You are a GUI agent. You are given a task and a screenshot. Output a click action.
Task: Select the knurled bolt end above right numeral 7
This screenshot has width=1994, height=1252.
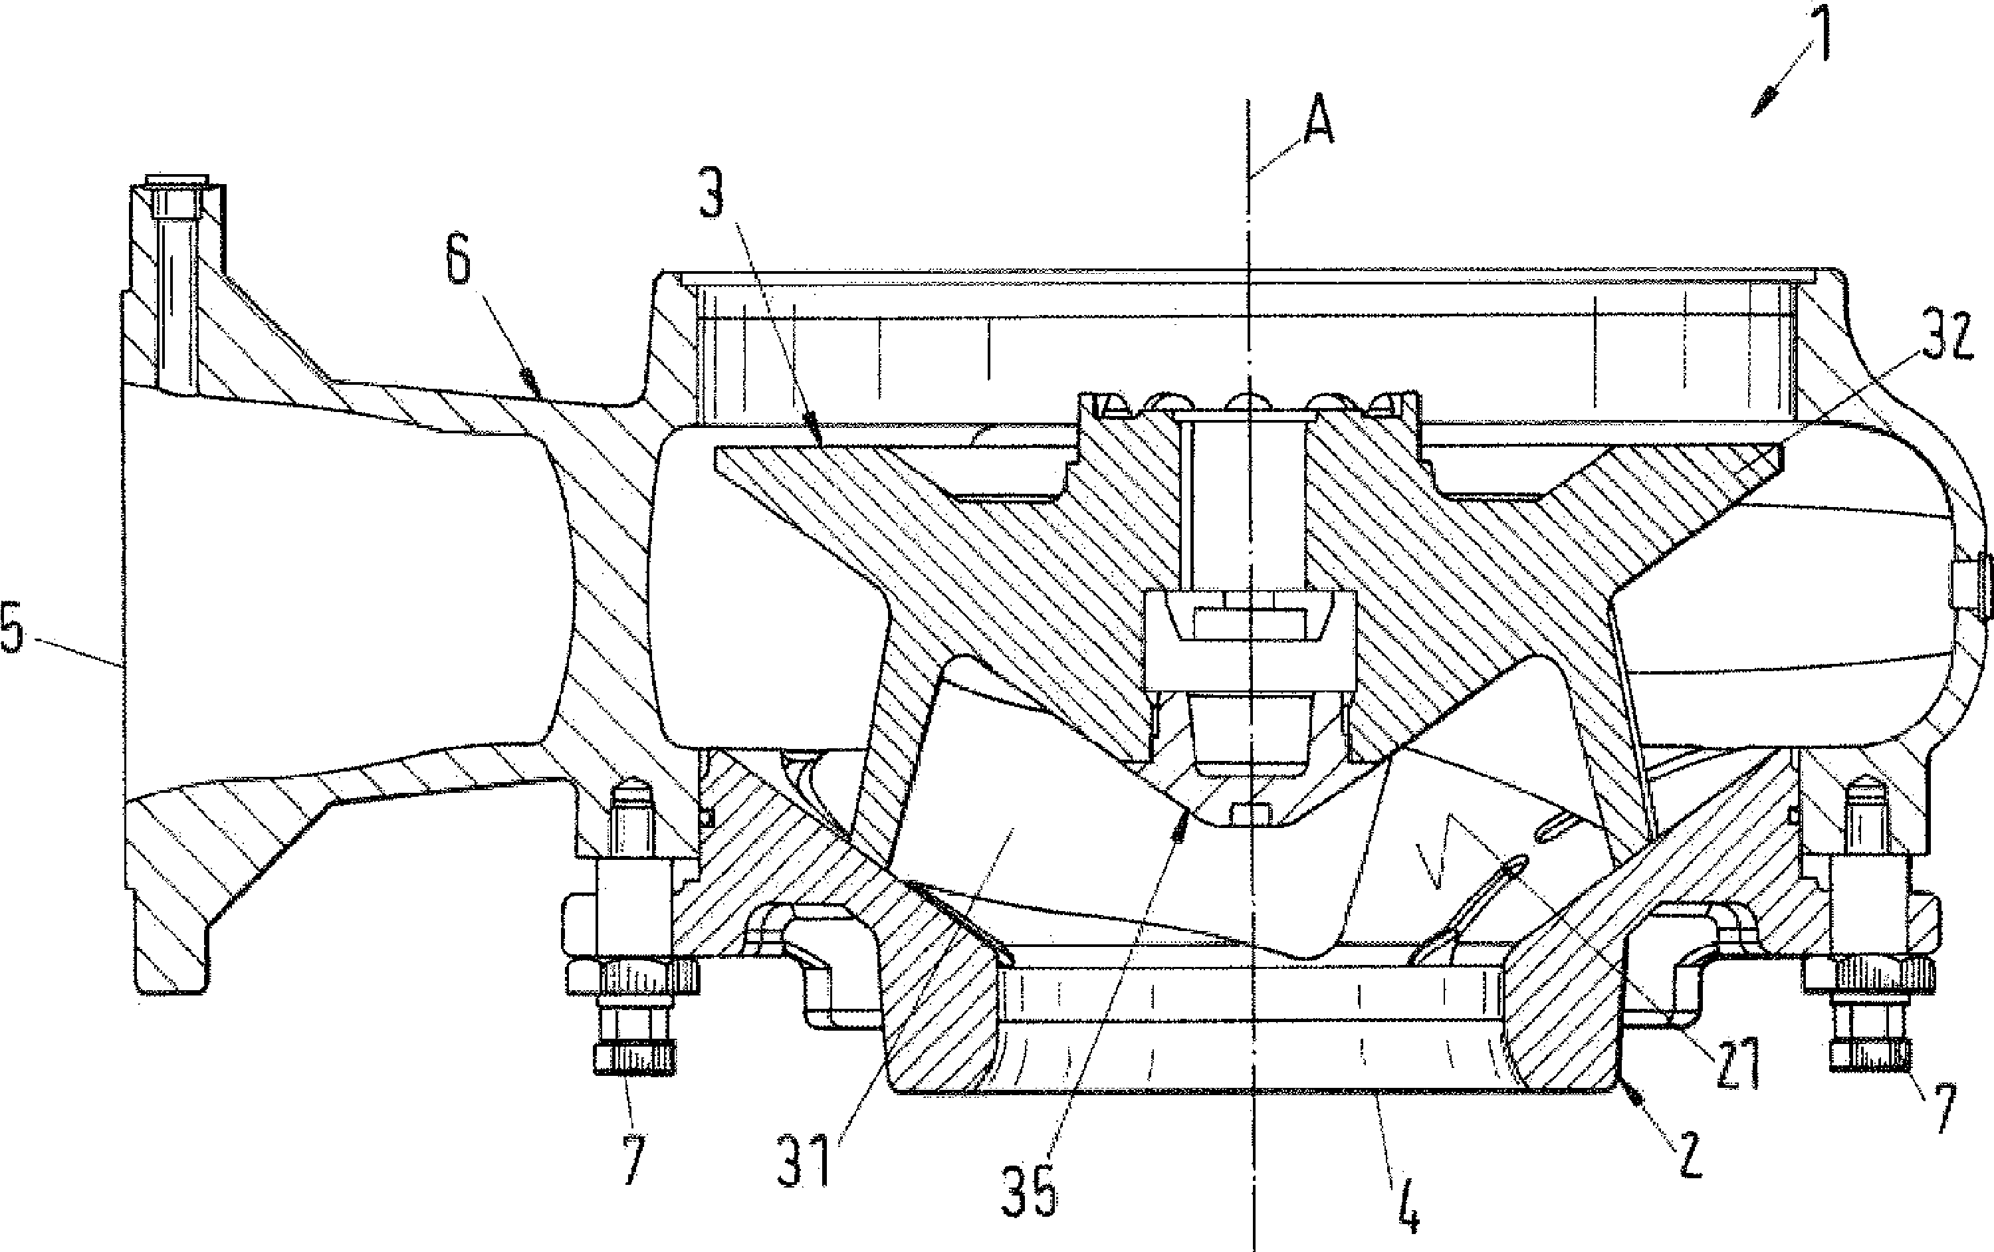(x=1869, y=1056)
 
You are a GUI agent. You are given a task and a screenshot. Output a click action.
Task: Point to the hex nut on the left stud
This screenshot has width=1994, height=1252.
(x=634, y=975)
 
